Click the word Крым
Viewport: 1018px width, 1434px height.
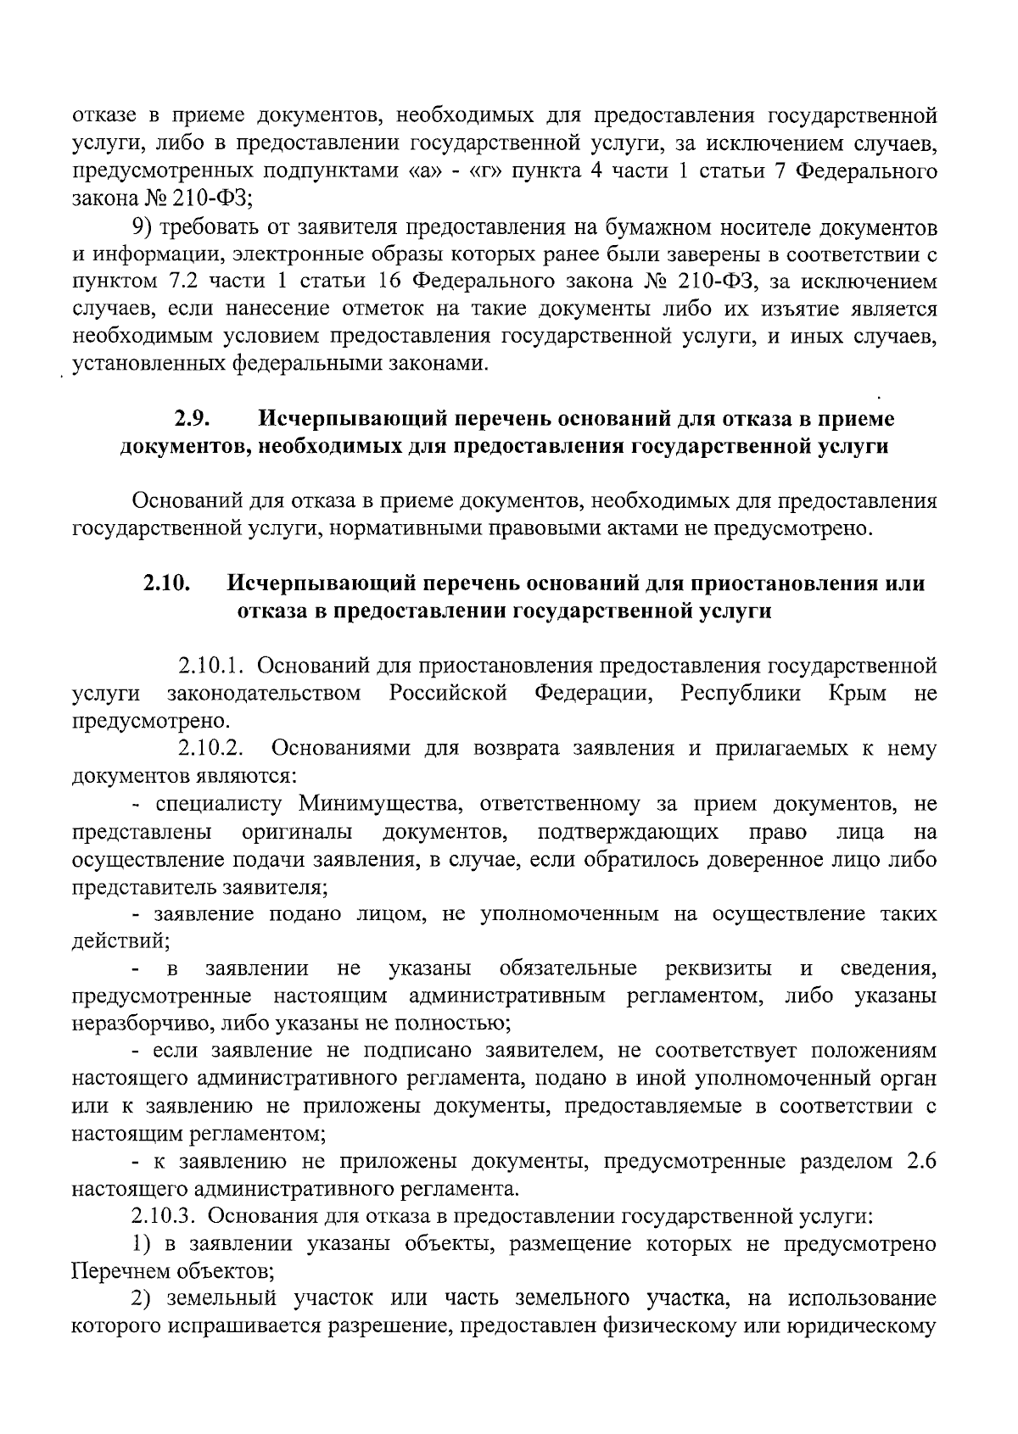(858, 693)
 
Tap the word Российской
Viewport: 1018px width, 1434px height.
(449, 693)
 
